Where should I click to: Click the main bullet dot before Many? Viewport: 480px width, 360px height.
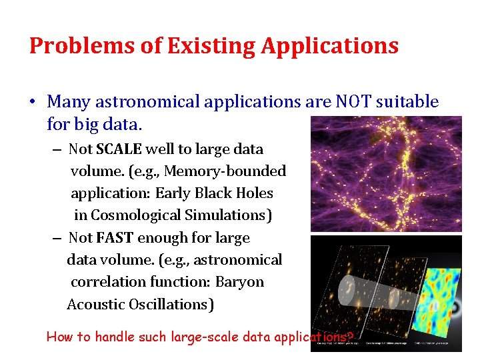point(32,102)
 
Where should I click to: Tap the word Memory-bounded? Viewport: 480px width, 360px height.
point(225,171)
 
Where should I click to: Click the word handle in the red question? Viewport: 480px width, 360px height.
point(117,337)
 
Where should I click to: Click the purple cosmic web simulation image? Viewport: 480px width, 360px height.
point(386,173)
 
